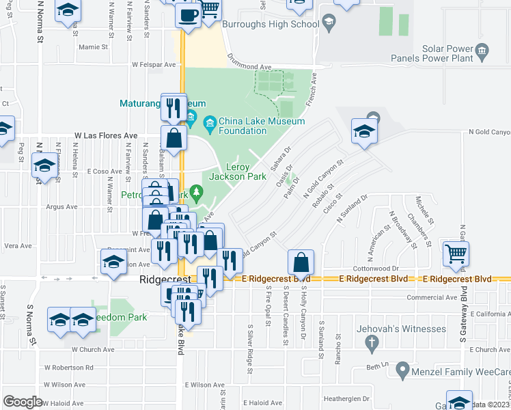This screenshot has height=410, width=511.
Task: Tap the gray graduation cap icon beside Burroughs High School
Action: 329,24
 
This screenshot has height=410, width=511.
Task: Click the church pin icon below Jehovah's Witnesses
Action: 371,345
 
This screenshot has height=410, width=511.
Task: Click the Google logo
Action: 23,402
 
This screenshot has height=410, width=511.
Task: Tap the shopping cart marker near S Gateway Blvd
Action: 456,253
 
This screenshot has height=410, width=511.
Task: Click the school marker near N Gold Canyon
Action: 363,131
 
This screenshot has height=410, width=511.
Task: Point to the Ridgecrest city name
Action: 159,280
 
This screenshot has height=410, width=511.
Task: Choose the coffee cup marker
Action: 188,14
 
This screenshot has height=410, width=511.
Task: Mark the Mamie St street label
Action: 94,47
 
